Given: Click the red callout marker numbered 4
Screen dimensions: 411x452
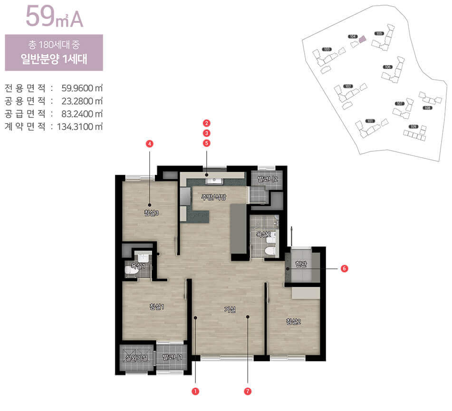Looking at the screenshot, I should pyautogui.click(x=150, y=143).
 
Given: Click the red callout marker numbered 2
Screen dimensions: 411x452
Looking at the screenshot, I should pyautogui.click(x=206, y=123).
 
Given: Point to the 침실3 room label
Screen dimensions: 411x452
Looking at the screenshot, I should pyautogui.click(x=151, y=213).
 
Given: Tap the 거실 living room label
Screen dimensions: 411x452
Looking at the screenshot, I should pyautogui.click(x=230, y=309).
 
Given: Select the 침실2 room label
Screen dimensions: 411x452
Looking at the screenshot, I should pyautogui.click(x=294, y=322).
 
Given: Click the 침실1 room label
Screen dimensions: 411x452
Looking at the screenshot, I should pyautogui.click(x=156, y=306).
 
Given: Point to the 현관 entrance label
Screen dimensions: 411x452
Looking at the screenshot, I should pyautogui.click(x=301, y=264).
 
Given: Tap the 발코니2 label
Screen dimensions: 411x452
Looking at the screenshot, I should pyautogui.click(x=267, y=179).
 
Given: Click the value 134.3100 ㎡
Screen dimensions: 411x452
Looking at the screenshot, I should pyautogui.click(x=79, y=127).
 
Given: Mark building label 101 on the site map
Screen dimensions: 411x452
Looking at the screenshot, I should pyautogui.click(x=371, y=121).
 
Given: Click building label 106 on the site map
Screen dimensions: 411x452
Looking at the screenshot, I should pyautogui.click(x=387, y=67).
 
